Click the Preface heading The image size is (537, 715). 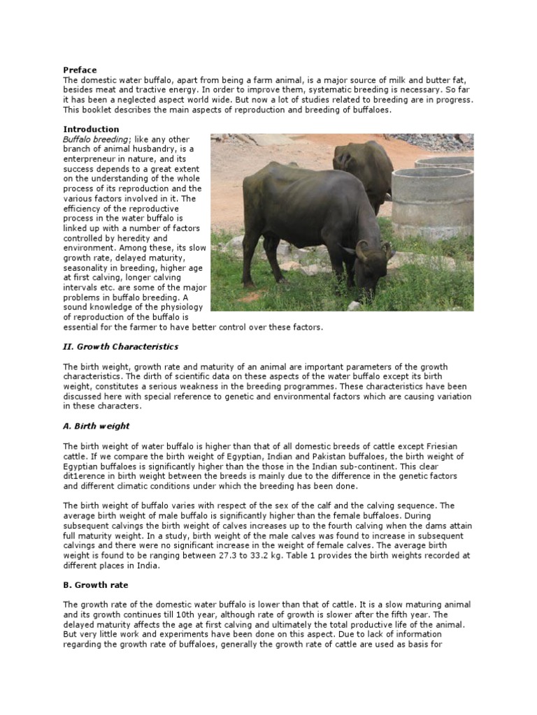tap(80, 70)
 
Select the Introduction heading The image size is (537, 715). tap(92, 129)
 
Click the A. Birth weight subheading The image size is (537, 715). tap(96, 426)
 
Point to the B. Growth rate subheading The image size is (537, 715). tap(96, 584)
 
